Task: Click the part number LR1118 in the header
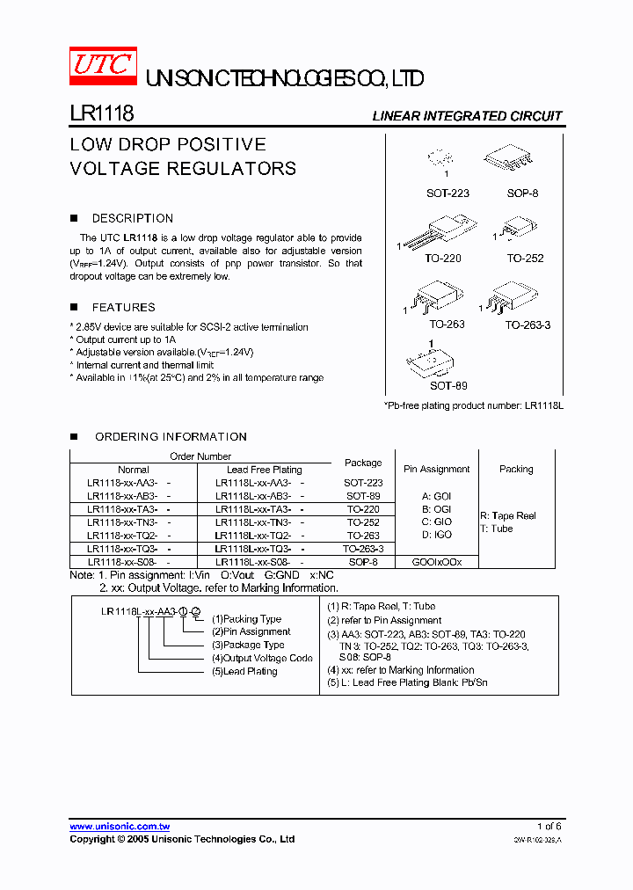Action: (x=101, y=114)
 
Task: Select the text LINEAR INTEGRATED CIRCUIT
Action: (x=467, y=116)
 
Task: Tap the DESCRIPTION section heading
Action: (x=132, y=218)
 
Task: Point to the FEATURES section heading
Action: (x=123, y=307)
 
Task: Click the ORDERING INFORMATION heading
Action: (x=171, y=436)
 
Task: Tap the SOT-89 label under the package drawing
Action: (x=448, y=385)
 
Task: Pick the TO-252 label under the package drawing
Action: (x=525, y=259)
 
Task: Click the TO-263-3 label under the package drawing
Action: (x=527, y=325)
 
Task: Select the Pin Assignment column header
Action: (x=437, y=469)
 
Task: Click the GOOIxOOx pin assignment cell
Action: (x=437, y=561)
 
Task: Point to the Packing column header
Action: (x=516, y=469)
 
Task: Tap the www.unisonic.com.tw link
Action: (x=120, y=827)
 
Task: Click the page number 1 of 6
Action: (x=549, y=827)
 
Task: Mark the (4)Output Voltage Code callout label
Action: (x=261, y=658)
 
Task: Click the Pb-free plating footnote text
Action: (x=472, y=405)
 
